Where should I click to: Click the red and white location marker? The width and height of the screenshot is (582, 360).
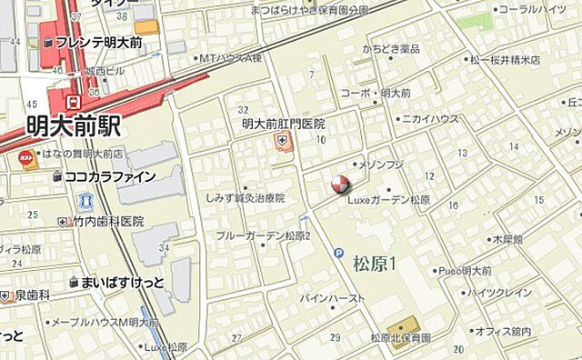[338, 185]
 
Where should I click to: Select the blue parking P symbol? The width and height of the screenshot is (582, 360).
[338, 253]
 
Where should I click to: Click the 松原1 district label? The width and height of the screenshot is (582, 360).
[376, 265]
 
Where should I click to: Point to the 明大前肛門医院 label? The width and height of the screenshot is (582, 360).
[283, 124]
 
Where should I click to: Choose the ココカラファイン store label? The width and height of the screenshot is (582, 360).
[110, 176]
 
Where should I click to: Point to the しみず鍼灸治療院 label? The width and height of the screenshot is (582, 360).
[245, 197]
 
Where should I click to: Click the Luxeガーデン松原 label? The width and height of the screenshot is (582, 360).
[389, 200]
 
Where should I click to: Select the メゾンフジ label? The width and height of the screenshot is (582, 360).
[383, 165]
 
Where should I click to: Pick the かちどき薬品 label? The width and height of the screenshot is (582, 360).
[391, 48]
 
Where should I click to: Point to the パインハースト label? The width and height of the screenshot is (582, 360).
[334, 297]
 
